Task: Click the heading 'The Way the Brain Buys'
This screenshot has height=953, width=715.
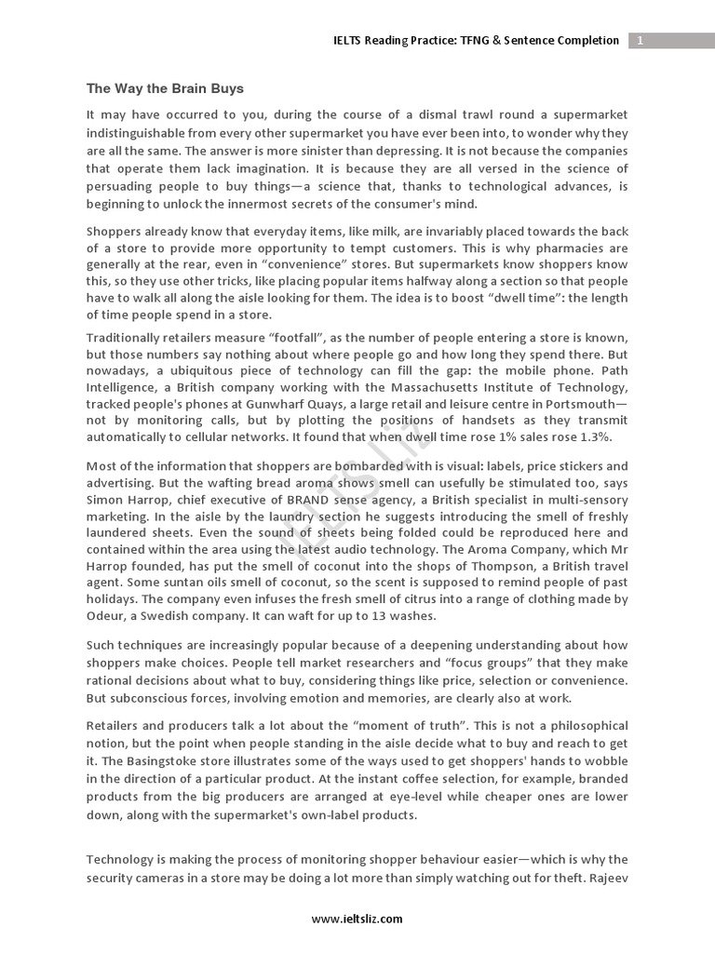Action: tap(165, 89)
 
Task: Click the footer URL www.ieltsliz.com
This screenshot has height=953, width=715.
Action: tap(357, 919)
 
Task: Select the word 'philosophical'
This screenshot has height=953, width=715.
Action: tap(584, 726)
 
